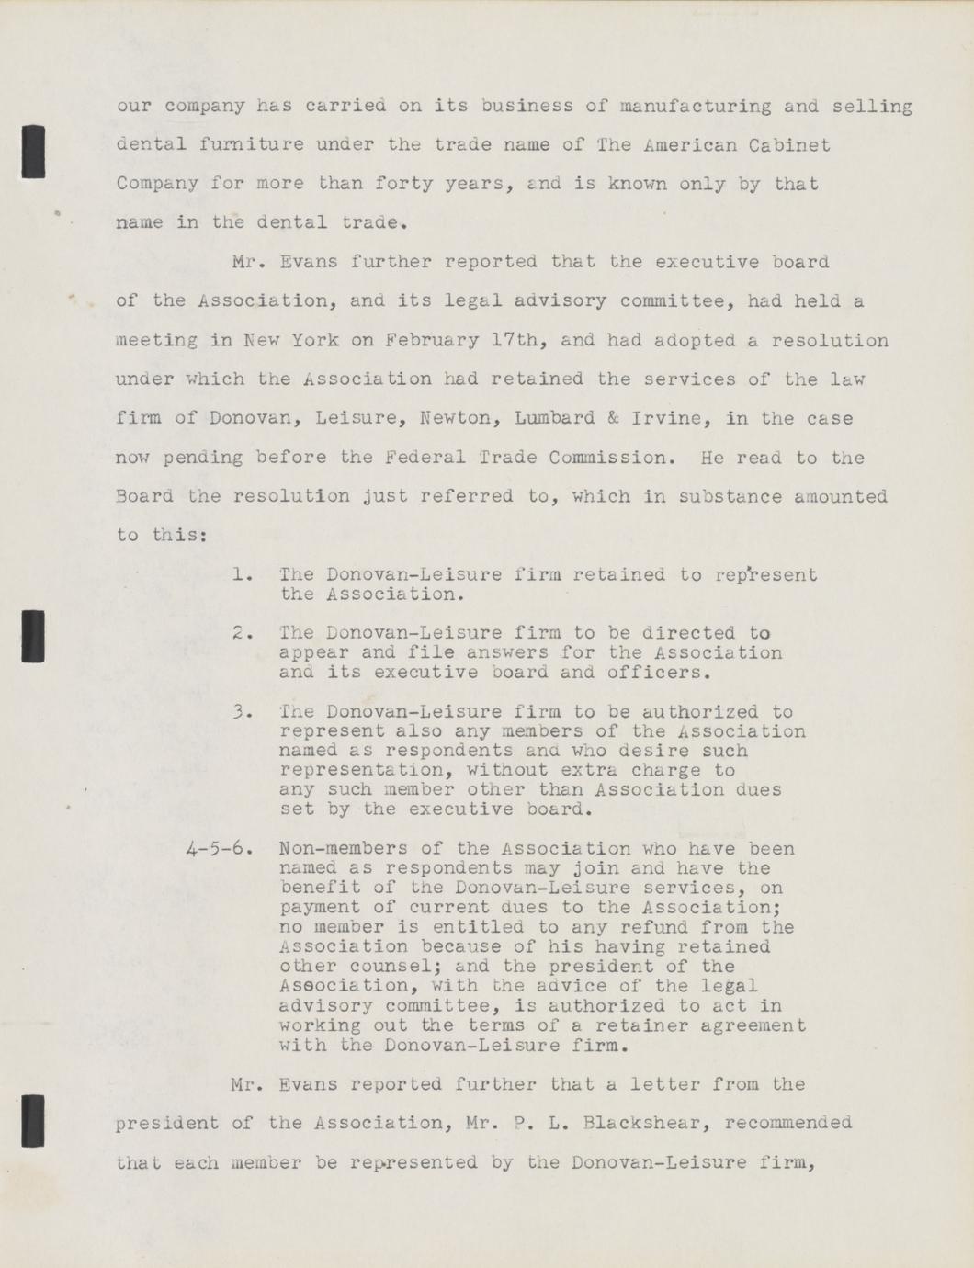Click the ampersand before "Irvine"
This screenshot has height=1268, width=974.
613,418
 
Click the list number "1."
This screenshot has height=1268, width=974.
243,575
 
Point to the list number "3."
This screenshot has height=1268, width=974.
243,712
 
